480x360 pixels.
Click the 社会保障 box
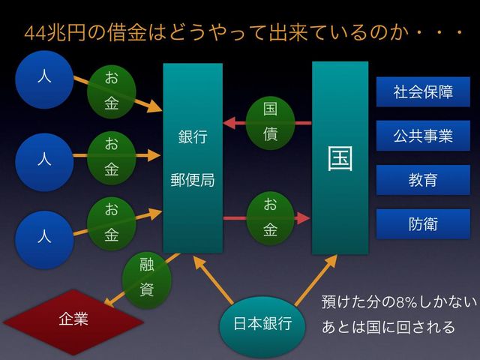coord(423,92)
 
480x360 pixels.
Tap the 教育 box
coord(423,180)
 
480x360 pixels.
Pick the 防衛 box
coord(423,224)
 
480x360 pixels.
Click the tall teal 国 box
coord(340,157)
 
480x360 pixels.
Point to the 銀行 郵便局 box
coord(193,157)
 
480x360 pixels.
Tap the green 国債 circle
coord(270,121)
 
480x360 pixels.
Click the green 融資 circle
coord(147,277)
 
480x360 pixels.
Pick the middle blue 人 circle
coord(44,159)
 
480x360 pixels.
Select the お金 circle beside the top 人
coord(111,91)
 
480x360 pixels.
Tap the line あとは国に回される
coord(388,327)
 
